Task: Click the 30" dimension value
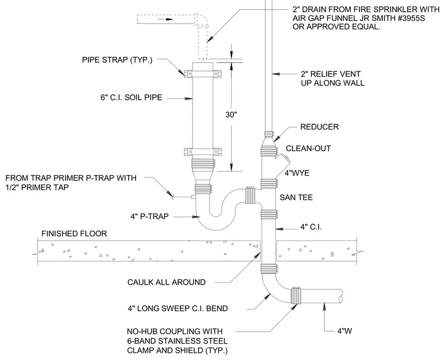click(231, 115)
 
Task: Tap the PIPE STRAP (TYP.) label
click(117, 60)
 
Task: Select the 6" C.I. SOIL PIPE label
click(131, 98)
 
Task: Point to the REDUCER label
click(320, 127)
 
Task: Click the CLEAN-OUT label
click(308, 148)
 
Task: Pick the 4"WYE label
click(297, 173)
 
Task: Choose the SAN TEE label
click(296, 197)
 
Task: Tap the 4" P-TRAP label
click(149, 217)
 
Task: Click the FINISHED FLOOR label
click(74, 234)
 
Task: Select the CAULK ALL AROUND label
click(167, 282)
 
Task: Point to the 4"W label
click(344, 331)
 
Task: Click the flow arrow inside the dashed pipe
click(166, 19)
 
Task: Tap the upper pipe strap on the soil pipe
click(203, 74)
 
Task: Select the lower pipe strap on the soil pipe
click(203, 152)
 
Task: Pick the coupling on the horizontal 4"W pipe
click(297, 296)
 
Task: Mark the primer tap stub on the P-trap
click(194, 197)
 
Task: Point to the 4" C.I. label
click(311, 227)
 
